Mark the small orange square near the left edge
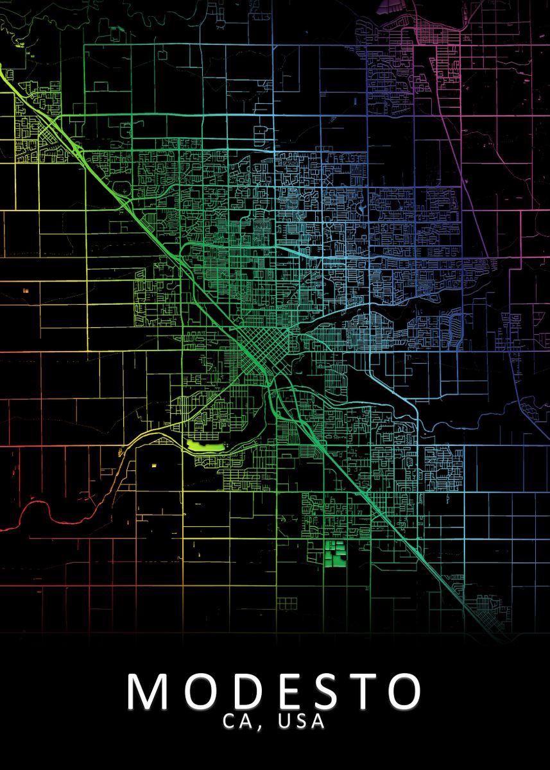(x=26, y=291)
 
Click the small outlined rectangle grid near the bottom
(x=287, y=603)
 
